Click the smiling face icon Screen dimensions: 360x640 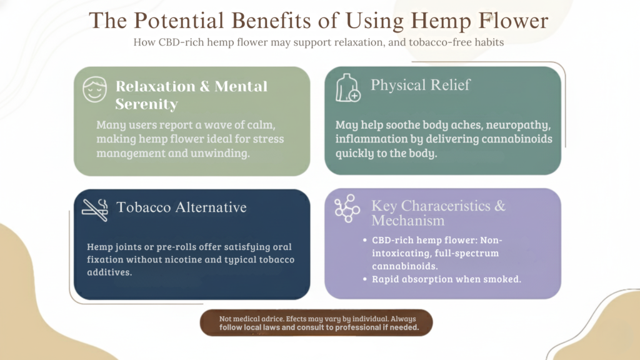96,91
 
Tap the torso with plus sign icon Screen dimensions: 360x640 347,88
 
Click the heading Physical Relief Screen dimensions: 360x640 420,85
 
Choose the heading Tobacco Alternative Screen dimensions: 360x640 181,207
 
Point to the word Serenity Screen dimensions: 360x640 146,104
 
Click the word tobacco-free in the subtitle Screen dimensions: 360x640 437,42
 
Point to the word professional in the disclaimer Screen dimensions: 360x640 348,327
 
